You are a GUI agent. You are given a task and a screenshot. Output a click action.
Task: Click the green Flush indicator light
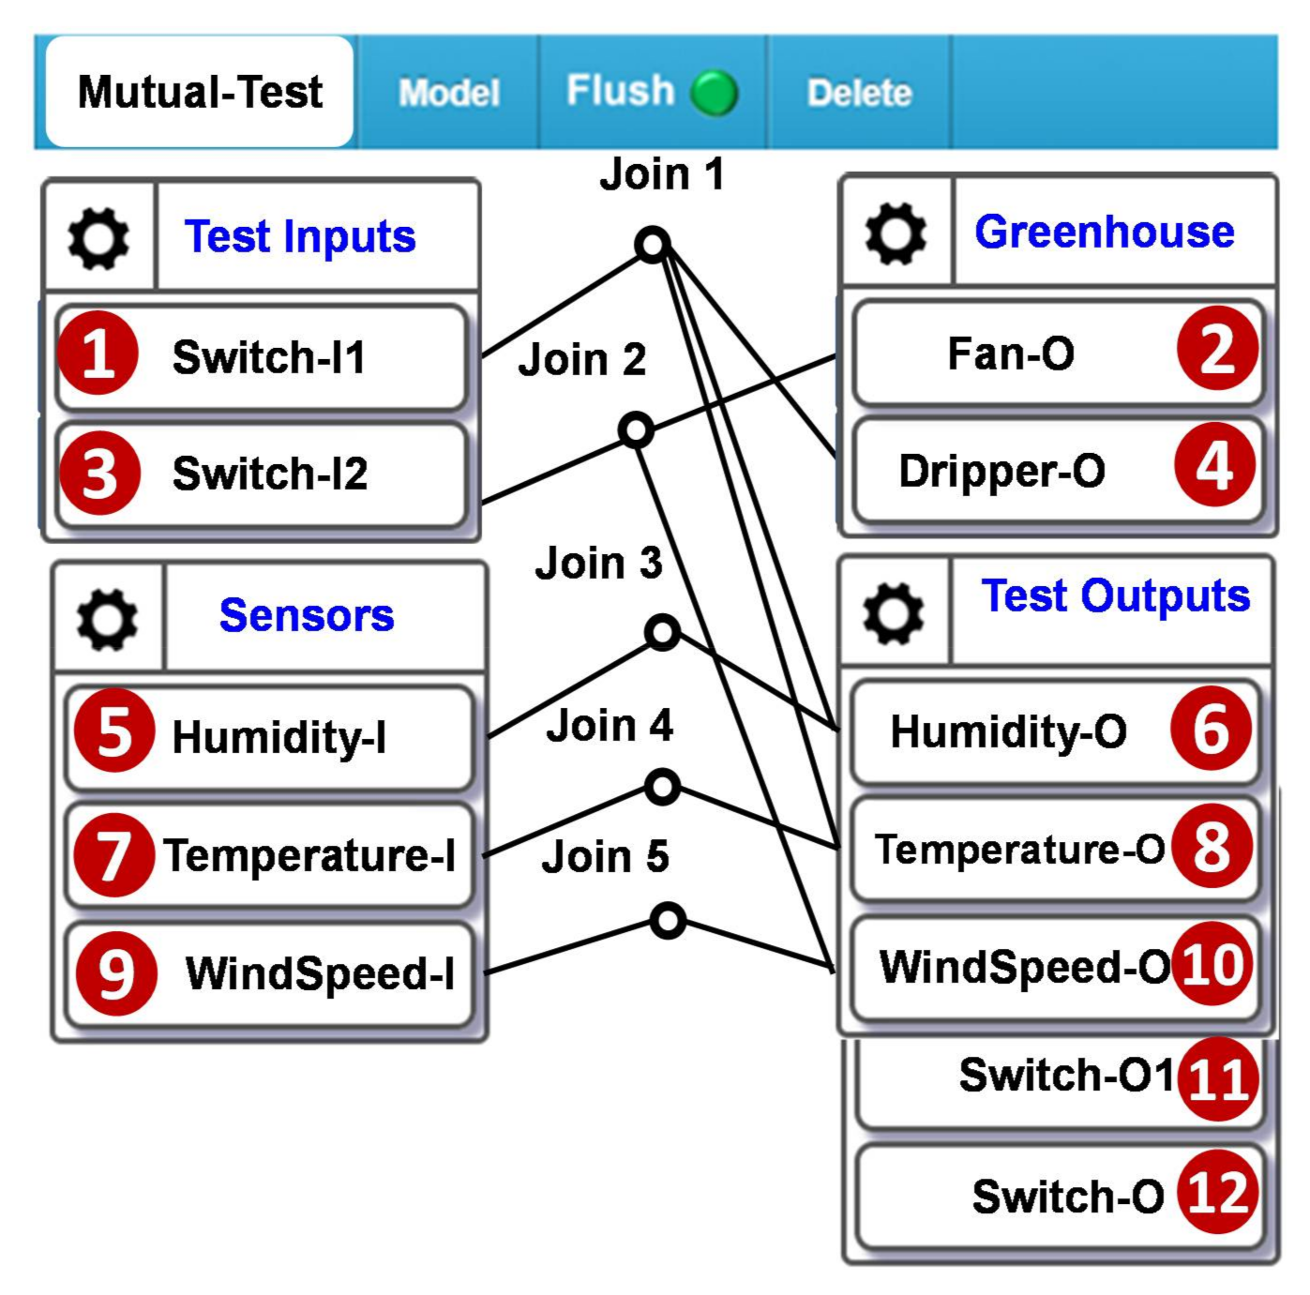coord(714,92)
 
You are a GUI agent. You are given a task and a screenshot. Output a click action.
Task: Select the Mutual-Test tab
coord(200,92)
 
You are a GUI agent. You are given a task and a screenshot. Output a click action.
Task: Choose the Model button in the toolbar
coord(448,93)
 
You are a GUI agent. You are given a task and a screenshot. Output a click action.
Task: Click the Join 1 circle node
coord(653,245)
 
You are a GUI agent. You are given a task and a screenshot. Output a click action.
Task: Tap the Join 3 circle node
coord(663,633)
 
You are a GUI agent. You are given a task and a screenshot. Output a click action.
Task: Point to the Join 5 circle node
coord(668,921)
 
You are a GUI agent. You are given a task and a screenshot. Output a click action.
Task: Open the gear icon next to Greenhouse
coord(896,233)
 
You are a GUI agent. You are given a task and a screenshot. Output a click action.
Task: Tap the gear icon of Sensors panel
coord(107,619)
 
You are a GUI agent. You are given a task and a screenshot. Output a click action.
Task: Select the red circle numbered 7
coord(113,855)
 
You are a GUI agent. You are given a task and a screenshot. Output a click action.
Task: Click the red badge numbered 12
coord(1217,1193)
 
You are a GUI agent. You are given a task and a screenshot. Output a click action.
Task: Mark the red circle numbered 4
coord(1214,466)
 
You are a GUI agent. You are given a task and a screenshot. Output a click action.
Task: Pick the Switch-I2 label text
coord(270,474)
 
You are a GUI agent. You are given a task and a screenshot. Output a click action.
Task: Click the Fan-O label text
coord(1011,354)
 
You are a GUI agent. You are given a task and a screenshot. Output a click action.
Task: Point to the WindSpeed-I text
coord(320,972)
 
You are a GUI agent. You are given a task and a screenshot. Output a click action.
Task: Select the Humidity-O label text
coord(1008,731)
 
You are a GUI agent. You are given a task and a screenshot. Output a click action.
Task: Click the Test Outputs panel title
coord(1115,595)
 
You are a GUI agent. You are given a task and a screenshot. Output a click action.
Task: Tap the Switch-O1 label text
coord(1066,1075)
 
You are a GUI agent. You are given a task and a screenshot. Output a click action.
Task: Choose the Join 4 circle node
coord(663,787)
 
